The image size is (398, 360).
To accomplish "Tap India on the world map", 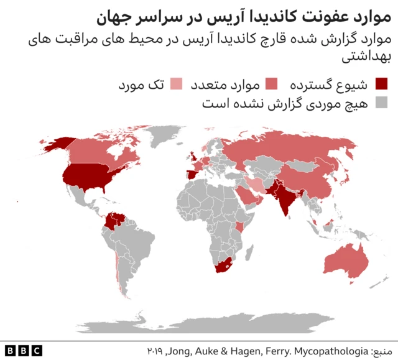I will tap(285, 199).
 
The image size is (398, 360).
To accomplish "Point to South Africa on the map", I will tap(224, 267).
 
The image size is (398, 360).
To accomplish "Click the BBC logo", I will tap(23, 350).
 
